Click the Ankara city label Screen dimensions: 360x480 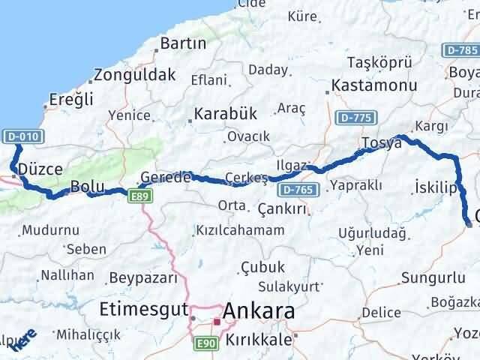coord(259,310)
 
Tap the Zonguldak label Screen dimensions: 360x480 coord(135,75)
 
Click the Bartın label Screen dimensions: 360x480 coord(183,43)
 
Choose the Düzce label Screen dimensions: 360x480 coord(40,169)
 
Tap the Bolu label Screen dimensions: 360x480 coord(85,185)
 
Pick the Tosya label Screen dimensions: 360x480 coord(381,142)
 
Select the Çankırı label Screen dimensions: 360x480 coord(282,208)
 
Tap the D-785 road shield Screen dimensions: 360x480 coord(460,50)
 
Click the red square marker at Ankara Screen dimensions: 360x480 coord(216,322)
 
